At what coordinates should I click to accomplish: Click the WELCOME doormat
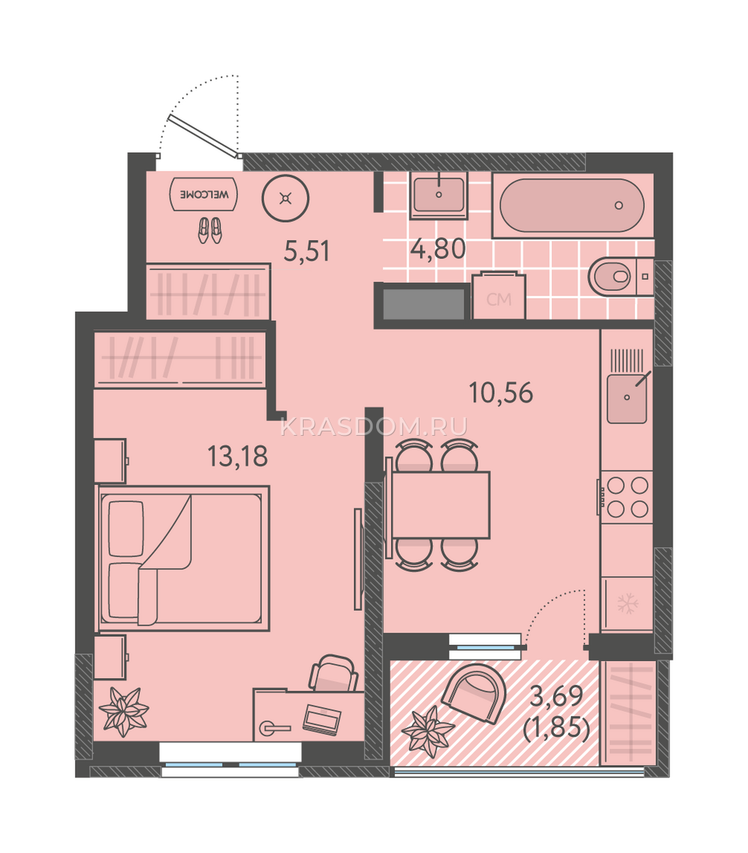tap(203, 194)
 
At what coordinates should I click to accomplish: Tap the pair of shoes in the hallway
tap(210, 230)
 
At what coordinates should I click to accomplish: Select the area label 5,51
tap(306, 251)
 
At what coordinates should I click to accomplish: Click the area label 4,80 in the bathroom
tap(438, 248)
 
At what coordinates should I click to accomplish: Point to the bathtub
tap(572, 205)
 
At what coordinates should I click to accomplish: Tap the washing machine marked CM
tap(498, 296)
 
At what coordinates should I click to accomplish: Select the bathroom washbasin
tap(439, 195)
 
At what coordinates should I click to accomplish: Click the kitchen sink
tap(626, 398)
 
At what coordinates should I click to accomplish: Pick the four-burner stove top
tap(626, 498)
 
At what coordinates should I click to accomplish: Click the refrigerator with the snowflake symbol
tap(627, 604)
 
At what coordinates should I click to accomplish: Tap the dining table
tap(441, 505)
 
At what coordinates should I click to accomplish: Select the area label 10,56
tap(501, 393)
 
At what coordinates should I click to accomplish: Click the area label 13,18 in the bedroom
tap(237, 456)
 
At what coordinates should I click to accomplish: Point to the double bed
tap(183, 558)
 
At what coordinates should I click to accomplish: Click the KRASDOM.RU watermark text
tap(373, 427)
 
